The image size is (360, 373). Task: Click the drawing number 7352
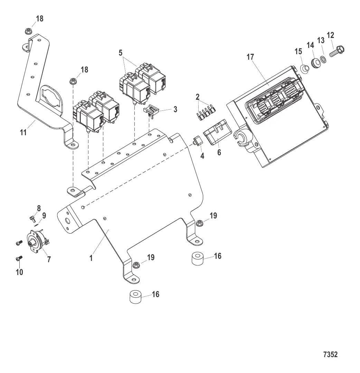pyautogui.click(x=330, y=354)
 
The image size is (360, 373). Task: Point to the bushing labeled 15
pyautogui.click(x=304, y=69)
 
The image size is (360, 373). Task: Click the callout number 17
pyautogui.click(x=250, y=57)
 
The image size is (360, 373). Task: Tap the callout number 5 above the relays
pyautogui.click(x=121, y=53)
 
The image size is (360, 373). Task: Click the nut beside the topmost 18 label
pyautogui.click(x=29, y=31)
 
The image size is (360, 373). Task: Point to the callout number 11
pyautogui.click(x=23, y=132)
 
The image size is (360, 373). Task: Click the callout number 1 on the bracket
pyautogui.click(x=91, y=258)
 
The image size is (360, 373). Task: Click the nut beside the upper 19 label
pyautogui.click(x=199, y=223)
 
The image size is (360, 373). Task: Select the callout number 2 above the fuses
pyautogui.click(x=198, y=97)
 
